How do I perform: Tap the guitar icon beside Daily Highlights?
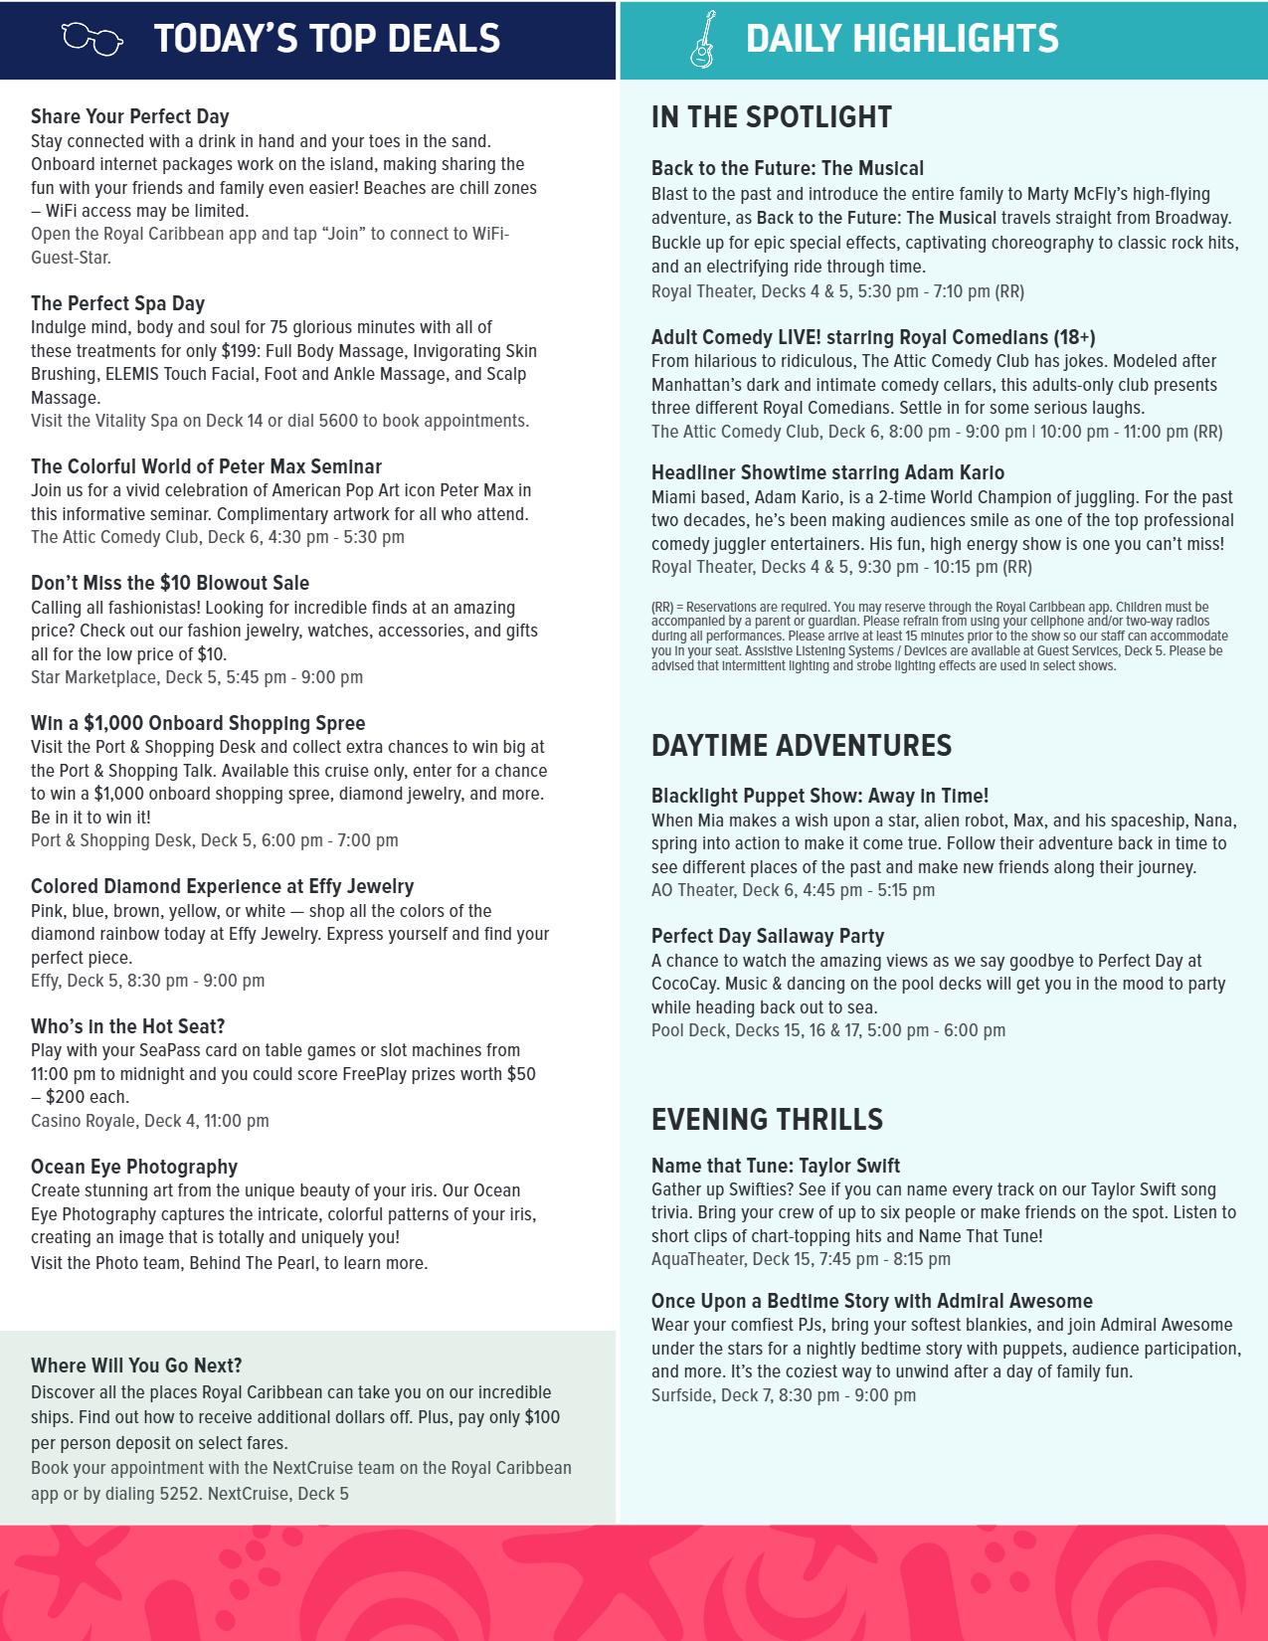tap(702, 39)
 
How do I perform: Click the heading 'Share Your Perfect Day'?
tap(130, 117)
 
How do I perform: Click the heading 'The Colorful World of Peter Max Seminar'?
tap(206, 467)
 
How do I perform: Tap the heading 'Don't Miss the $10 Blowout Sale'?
tap(170, 584)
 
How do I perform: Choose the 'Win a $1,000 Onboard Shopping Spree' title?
tap(198, 724)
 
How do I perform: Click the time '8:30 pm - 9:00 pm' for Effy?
tap(196, 981)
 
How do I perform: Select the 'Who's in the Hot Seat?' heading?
tap(128, 1026)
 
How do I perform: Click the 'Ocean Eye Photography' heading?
tap(134, 1167)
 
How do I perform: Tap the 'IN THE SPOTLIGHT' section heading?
tap(772, 117)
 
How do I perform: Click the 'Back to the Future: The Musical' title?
tap(788, 169)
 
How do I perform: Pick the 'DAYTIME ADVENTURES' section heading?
tap(802, 746)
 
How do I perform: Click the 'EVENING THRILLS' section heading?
tap(767, 1120)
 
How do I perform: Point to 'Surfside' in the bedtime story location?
tap(682, 1395)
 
